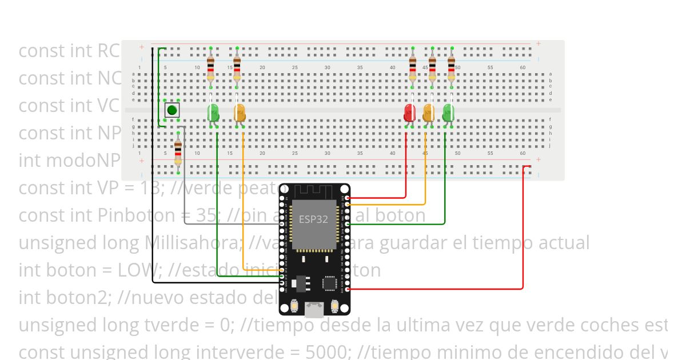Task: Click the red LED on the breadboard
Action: point(409,112)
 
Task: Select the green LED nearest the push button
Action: point(213,112)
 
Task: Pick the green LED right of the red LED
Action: point(448,112)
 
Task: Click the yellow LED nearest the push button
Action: point(240,112)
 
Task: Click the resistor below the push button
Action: point(178,151)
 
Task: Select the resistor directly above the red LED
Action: point(413,68)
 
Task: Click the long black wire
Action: point(153,171)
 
